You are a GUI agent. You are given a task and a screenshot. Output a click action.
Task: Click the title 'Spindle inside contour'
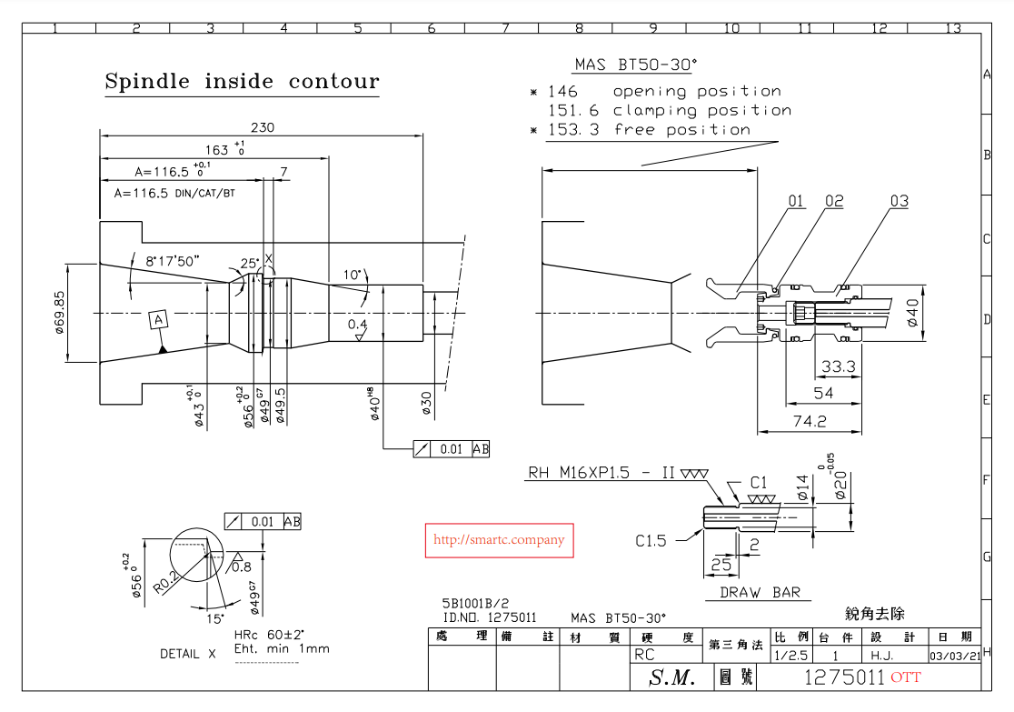click(242, 82)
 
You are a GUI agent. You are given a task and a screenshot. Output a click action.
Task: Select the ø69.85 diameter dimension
click(60, 312)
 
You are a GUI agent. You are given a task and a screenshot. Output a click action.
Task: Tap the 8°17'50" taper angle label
click(173, 261)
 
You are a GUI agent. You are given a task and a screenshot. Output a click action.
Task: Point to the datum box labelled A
click(159, 320)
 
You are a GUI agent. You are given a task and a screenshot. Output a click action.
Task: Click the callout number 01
click(796, 201)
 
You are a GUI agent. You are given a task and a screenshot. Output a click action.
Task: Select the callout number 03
click(899, 201)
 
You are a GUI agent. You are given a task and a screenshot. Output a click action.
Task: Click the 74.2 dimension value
click(809, 421)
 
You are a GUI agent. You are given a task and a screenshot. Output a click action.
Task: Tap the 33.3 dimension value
click(838, 366)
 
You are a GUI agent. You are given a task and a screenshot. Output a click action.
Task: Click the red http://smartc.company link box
click(499, 540)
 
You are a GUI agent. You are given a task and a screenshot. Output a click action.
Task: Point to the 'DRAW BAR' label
click(760, 593)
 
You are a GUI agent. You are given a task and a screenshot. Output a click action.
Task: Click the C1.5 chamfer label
click(651, 541)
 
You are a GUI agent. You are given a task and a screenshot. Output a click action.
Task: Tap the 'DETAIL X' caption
click(189, 654)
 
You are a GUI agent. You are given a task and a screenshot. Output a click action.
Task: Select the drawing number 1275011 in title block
click(844, 677)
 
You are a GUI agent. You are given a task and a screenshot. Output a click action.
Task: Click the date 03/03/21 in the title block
click(954, 655)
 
